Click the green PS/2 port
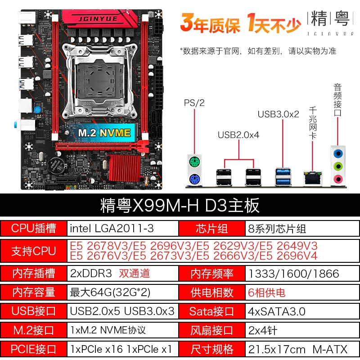pyautogui.click(x=194, y=162)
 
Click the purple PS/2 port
pyautogui.click(x=194, y=179)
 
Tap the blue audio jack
pyautogui.click(x=338, y=153)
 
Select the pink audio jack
pyautogui.click(x=338, y=179)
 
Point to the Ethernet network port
pyautogui.click(x=312, y=178)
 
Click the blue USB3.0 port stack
pyautogui.click(x=283, y=177)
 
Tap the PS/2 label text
pyautogui.click(x=194, y=103)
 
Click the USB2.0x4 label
pyautogui.click(x=238, y=135)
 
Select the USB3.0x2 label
pyautogui.click(x=279, y=114)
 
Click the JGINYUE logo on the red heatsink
pyautogui.click(x=98, y=19)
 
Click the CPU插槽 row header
pyautogui.click(x=33, y=229)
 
